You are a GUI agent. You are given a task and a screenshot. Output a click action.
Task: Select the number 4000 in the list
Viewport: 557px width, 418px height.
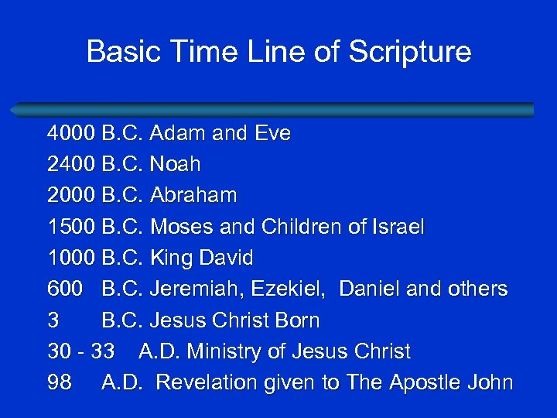point(71,133)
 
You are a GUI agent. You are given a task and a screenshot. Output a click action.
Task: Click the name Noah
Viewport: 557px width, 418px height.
point(175,164)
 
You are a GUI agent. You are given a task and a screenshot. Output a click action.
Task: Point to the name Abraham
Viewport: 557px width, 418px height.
point(193,195)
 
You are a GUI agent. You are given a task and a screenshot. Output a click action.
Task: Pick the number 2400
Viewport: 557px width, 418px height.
point(71,164)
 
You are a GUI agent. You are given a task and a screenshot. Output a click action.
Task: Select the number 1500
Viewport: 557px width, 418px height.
point(71,227)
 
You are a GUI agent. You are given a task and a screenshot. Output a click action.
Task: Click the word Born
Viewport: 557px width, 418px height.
point(295,320)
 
